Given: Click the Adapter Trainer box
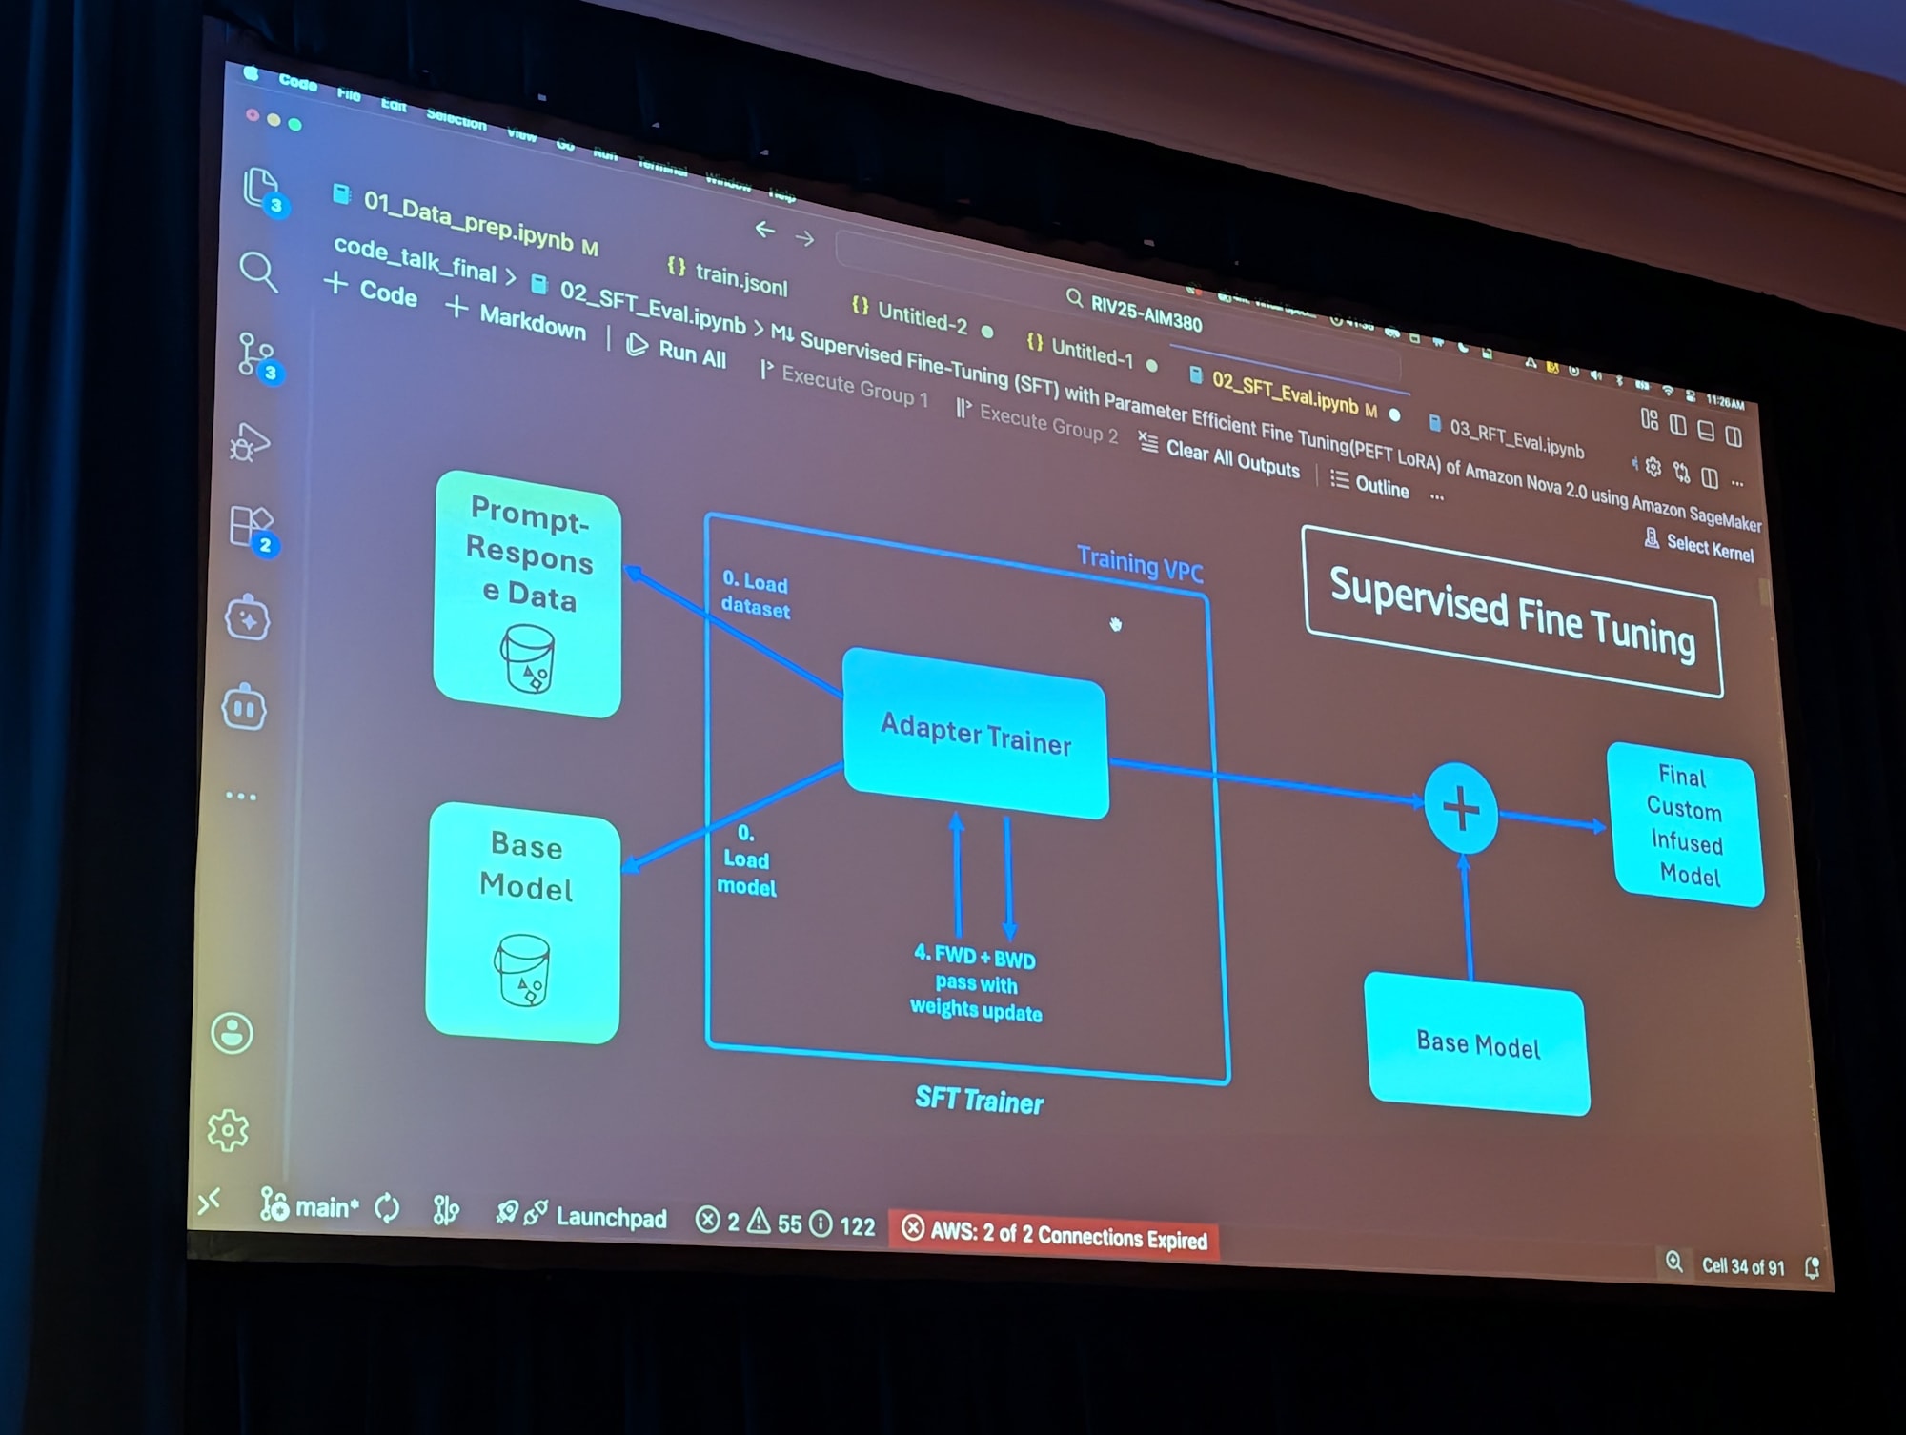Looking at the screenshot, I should tap(975, 733).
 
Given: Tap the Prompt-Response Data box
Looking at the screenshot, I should tap(527, 593).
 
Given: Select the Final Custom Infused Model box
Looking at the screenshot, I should tap(1685, 825).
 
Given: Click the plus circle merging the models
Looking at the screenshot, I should tap(1460, 809).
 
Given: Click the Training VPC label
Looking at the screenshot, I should tap(1139, 563).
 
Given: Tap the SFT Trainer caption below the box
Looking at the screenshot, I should tap(979, 1101).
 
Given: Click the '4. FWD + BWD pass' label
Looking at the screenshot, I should tap(976, 982).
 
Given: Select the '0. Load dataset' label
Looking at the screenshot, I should tap(755, 596).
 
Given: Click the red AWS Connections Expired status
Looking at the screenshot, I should tap(1055, 1235).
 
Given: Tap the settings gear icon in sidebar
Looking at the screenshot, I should tap(229, 1130).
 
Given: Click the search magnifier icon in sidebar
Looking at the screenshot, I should tap(257, 272).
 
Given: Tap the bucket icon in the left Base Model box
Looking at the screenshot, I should tap(522, 969).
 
